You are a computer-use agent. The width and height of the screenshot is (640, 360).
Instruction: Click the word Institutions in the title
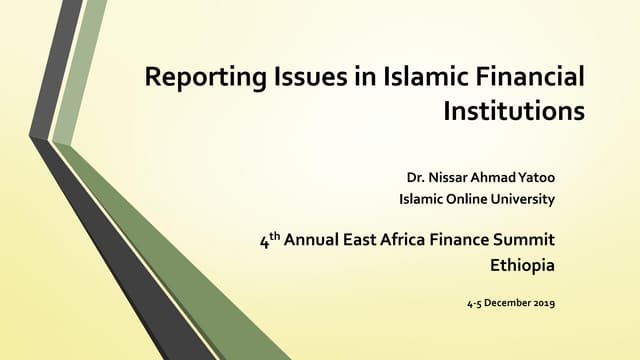(512, 111)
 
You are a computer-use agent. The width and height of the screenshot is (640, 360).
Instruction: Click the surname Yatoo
(536, 179)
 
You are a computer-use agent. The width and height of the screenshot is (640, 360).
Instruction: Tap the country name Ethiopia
(521, 267)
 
